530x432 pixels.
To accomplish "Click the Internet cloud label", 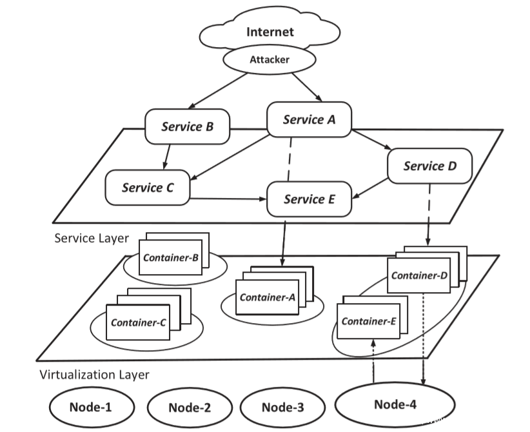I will point(270,32).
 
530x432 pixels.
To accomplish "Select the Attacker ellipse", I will point(270,59).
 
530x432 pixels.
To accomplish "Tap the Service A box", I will point(309,120).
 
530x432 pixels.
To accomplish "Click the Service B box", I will point(187,126).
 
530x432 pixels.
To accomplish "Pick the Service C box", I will point(148,188).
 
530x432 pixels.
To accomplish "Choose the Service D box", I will point(430,166).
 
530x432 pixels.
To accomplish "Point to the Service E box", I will point(309,199).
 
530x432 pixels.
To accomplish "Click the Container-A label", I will point(267,297).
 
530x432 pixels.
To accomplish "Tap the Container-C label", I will point(138,322).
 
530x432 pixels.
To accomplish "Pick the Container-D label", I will point(419,275).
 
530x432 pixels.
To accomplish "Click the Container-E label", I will point(368,320).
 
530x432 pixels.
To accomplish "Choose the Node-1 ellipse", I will point(92,407).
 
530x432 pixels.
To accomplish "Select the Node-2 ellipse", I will point(190,407).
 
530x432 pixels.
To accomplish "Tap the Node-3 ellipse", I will point(282,407).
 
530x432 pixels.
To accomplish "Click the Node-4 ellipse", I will point(395,404).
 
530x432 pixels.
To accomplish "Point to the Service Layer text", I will point(92,238).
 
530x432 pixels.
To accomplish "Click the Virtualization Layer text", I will point(94,375).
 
